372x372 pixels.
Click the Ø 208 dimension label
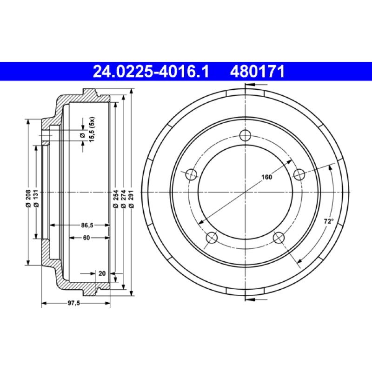pyautogui.click(x=29, y=197)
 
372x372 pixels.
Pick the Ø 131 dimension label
pyautogui.click(x=37, y=197)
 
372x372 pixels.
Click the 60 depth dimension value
pyautogui.click(x=86, y=238)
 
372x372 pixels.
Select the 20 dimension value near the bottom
pyautogui.click(x=102, y=273)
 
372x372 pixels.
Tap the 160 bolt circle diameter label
pyautogui.click(x=266, y=177)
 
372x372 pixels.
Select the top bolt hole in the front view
pyautogui.click(x=245, y=135)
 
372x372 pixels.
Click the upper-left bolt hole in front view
pyautogui.click(x=191, y=175)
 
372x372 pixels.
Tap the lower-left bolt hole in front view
pyautogui.click(x=212, y=238)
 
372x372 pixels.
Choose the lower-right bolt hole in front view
pyautogui.click(x=278, y=238)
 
